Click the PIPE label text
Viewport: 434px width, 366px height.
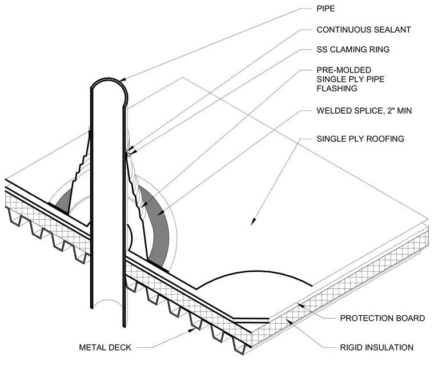(325, 9)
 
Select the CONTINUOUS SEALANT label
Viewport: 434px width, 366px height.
(363, 30)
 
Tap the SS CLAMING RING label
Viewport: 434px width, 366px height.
(353, 49)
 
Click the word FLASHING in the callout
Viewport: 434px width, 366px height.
(337, 89)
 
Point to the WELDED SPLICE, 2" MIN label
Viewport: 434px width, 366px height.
(364, 111)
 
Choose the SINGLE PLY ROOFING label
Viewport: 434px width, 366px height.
(360, 139)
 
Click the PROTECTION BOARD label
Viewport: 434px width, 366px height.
(382, 318)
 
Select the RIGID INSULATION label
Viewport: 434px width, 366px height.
(377, 348)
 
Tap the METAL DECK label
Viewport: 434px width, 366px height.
(105, 348)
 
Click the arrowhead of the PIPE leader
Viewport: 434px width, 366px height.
(123, 80)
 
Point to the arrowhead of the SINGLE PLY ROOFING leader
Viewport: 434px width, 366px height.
(253, 222)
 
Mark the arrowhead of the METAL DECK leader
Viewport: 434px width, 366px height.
(191, 329)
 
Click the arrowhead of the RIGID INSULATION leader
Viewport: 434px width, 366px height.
(290, 321)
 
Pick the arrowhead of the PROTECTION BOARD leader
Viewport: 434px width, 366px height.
(301, 306)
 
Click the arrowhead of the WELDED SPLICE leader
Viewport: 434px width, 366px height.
(160, 213)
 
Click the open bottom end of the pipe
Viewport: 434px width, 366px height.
(107, 304)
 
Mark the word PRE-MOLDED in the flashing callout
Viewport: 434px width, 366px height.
(344, 70)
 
